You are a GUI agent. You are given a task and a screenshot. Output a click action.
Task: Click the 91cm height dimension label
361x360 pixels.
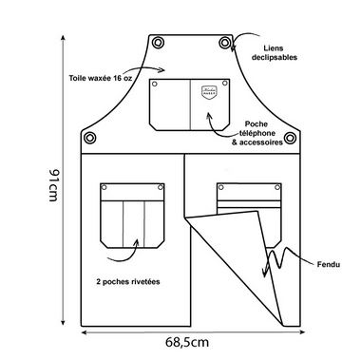click(x=53, y=185)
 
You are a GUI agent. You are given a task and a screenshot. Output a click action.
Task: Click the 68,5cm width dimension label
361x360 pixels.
click(x=187, y=343)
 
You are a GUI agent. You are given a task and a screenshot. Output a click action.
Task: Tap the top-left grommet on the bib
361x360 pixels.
click(x=158, y=43)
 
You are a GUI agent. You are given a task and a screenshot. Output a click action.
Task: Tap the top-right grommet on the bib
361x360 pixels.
click(x=225, y=43)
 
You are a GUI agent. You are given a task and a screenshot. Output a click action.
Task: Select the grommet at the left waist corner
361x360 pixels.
click(x=89, y=138)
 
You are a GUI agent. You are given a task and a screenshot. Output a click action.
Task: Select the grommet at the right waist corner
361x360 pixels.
click(x=290, y=138)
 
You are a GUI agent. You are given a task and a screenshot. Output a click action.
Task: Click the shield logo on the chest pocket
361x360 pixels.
click(x=210, y=92)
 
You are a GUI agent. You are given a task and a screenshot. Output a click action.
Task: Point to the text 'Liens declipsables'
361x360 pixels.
click(x=275, y=53)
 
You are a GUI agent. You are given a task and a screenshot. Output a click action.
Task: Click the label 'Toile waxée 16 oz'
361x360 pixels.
click(x=101, y=78)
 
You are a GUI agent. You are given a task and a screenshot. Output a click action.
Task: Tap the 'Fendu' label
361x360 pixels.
click(x=329, y=264)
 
